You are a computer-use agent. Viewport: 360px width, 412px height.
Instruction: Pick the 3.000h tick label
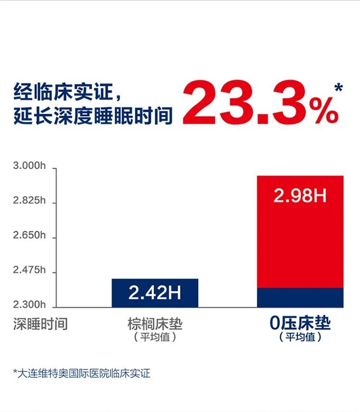coord(29,167)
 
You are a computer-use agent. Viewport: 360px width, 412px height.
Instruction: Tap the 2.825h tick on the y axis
coord(29,201)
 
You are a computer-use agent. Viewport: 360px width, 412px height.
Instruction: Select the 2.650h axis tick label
coord(29,236)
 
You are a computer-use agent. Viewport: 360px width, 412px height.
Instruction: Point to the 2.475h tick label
coord(29,271)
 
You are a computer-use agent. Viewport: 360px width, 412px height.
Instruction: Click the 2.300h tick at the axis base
coord(29,304)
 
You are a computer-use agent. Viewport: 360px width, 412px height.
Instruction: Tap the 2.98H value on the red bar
coord(300,196)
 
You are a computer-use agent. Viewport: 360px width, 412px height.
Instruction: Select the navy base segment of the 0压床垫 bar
coord(300,297)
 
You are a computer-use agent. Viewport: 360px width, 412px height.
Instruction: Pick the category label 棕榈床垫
coord(155,323)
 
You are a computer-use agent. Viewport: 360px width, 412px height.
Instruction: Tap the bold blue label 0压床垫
coord(300,323)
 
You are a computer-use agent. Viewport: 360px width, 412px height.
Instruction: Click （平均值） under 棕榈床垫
coord(155,337)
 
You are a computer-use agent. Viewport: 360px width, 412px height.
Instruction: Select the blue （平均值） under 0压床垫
coord(300,337)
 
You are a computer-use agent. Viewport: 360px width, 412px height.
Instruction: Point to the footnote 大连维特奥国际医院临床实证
coord(82,373)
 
